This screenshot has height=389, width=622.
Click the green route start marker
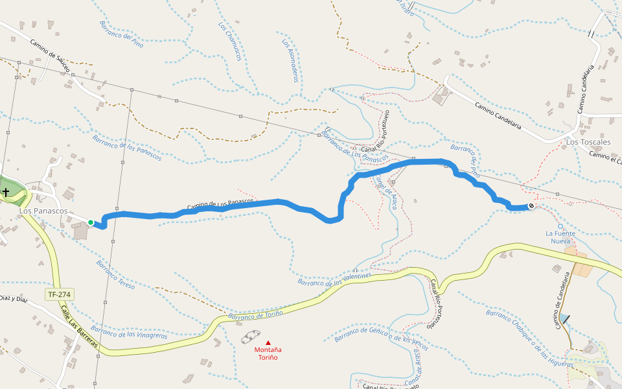click(x=91, y=222)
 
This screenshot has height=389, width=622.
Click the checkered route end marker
click(x=531, y=206)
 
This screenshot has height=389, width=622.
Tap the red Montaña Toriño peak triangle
click(x=268, y=342)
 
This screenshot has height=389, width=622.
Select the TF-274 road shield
click(x=59, y=294)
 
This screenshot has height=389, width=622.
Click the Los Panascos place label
click(x=43, y=211)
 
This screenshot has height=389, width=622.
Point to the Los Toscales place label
click(x=588, y=141)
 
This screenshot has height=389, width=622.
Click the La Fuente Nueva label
click(x=559, y=237)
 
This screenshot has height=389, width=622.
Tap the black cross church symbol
click(x=6, y=192)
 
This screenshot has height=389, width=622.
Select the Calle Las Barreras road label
click(x=80, y=328)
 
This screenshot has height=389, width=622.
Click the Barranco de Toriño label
click(x=256, y=316)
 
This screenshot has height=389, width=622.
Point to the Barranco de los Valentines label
click(x=334, y=279)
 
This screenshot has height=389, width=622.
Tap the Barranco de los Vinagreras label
click(x=130, y=332)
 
